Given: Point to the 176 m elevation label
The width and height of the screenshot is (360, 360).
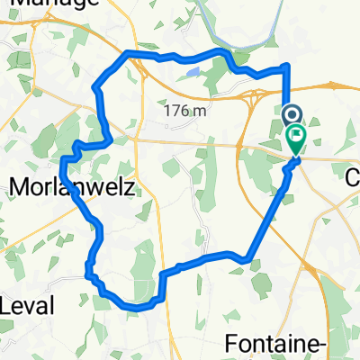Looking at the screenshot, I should coord(186,112).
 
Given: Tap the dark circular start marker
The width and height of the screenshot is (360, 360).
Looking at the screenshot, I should coord(292,116).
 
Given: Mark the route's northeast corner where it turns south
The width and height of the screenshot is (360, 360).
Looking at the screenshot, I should coord(286,67).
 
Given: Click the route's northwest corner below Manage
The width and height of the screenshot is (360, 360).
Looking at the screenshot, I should coord(127,53).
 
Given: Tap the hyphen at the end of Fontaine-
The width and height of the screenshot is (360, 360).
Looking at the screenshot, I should coord(353,345).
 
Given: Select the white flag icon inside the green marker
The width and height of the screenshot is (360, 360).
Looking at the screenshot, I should coord(296,136).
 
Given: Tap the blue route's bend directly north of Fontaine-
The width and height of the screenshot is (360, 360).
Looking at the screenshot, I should coord(244,260).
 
